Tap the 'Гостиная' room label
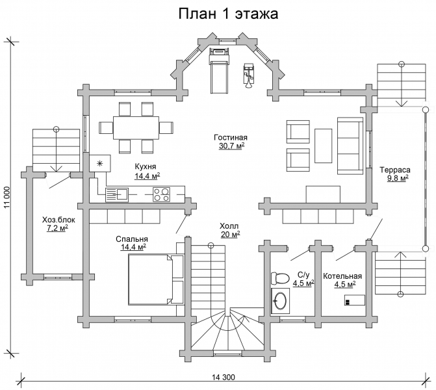pos(231,138)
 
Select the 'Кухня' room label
pos(147,166)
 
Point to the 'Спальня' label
pos(131,239)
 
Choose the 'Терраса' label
pos(394,169)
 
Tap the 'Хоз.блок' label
pos(57,219)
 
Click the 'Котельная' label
pos(342,276)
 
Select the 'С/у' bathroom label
pos(303,275)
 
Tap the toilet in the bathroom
pos(280,277)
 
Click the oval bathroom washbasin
pos(281,301)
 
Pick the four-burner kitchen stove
pos(161,193)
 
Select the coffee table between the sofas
pos(324,146)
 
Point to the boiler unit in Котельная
pos(354,301)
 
